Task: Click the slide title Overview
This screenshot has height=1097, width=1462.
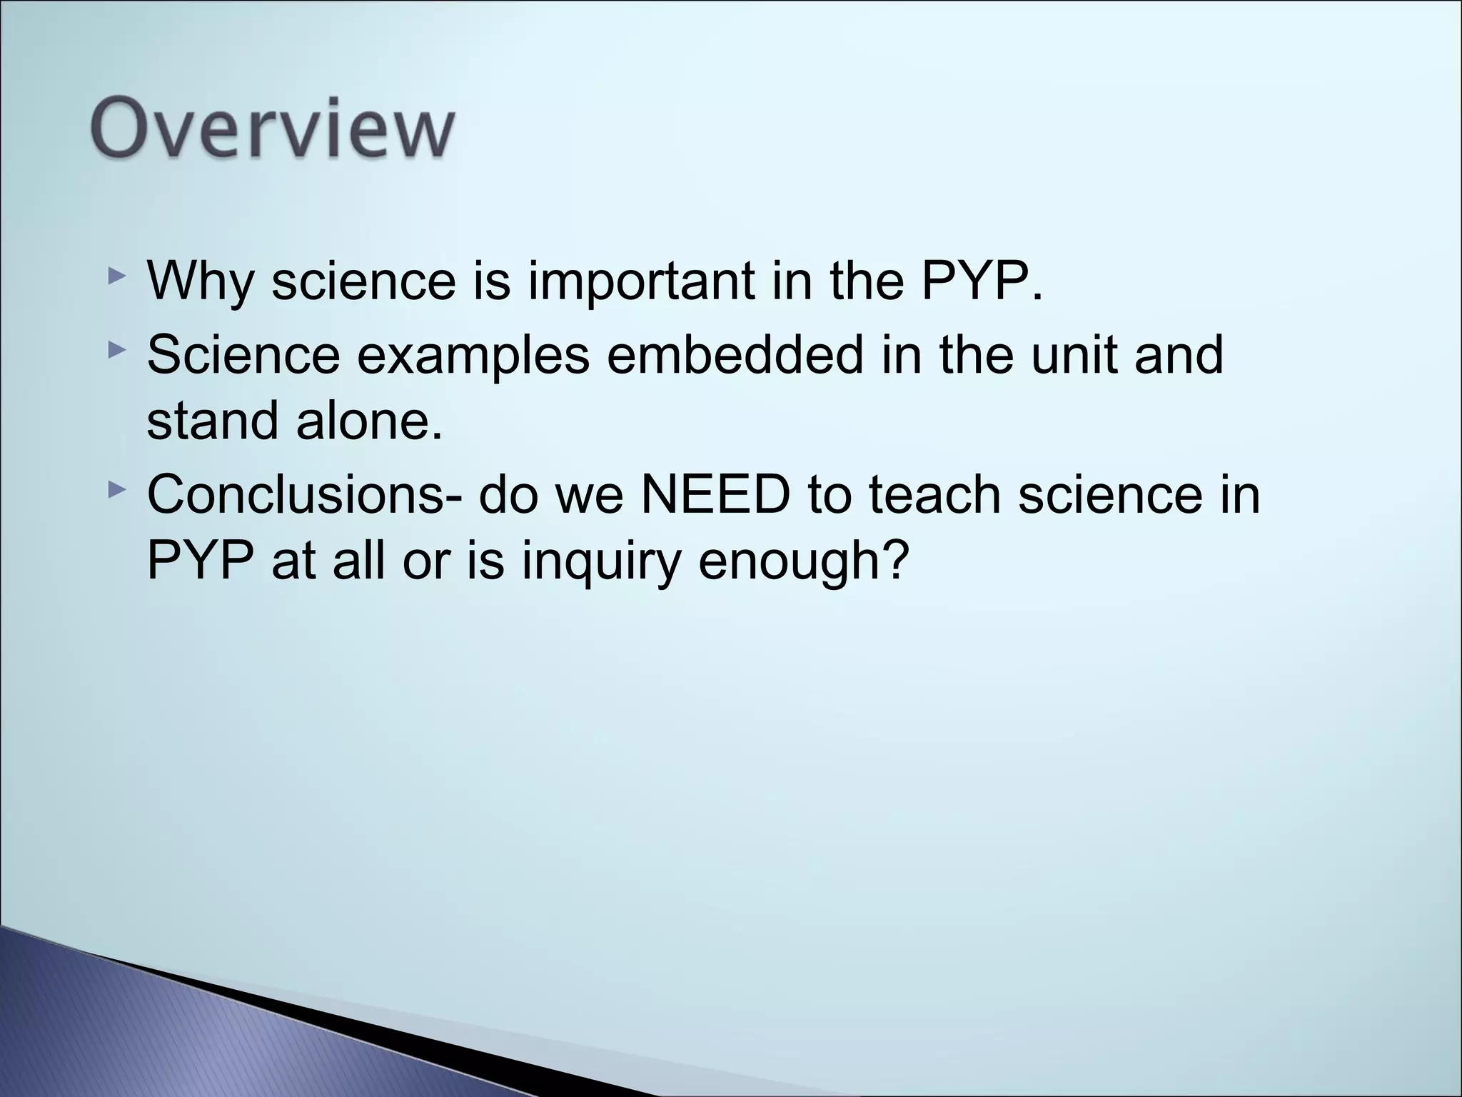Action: click(272, 131)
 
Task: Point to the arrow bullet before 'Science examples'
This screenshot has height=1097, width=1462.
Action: click(116, 350)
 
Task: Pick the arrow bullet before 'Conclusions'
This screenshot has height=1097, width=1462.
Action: click(116, 490)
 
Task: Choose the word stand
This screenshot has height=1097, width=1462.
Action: click(212, 421)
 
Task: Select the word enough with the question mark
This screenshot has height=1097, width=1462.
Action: click(804, 561)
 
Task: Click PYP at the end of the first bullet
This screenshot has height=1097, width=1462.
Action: click(980, 281)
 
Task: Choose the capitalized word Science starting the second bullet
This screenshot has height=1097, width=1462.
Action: click(243, 355)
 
